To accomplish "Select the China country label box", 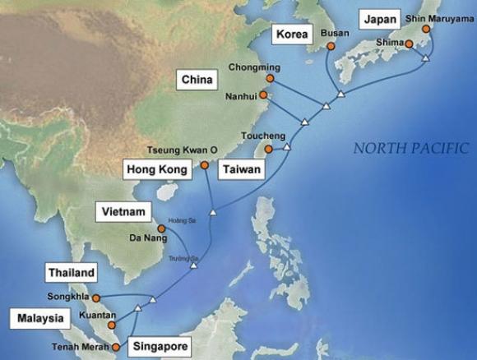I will (197, 80).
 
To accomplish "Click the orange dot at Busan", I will (331, 47).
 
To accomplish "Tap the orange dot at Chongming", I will (269, 78).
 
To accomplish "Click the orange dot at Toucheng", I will (267, 150).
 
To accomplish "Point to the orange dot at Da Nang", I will (160, 228).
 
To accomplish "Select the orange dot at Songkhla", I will (96, 298).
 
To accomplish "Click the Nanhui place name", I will (243, 96).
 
